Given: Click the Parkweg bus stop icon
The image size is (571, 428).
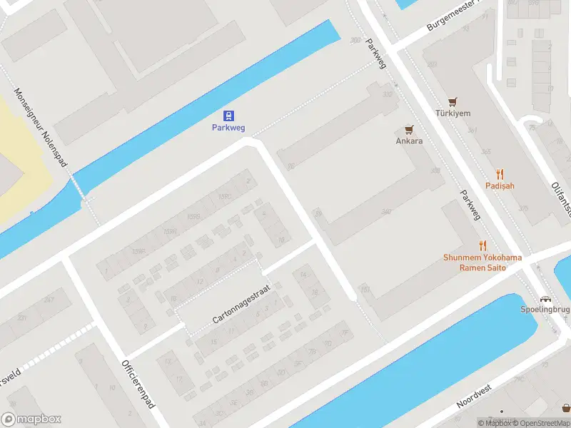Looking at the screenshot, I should click(228, 116).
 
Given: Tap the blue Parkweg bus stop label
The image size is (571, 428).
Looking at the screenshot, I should click(228, 128).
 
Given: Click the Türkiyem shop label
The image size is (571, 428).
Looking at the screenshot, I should click(453, 113).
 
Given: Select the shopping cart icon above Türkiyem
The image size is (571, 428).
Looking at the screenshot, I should click(453, 101).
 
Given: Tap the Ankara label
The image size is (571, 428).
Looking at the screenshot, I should click(409, 141).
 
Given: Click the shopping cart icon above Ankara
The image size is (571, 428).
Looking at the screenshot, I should click(409, 129).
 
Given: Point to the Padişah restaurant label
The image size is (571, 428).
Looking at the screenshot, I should click(500, 185).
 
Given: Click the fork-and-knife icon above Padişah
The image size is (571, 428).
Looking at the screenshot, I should click(500, 173).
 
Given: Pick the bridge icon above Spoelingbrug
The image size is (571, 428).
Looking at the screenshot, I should click(546, 300).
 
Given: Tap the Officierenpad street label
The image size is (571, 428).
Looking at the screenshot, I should click(139, 384).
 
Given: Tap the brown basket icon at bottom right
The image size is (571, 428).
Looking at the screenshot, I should click(566, 409).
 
